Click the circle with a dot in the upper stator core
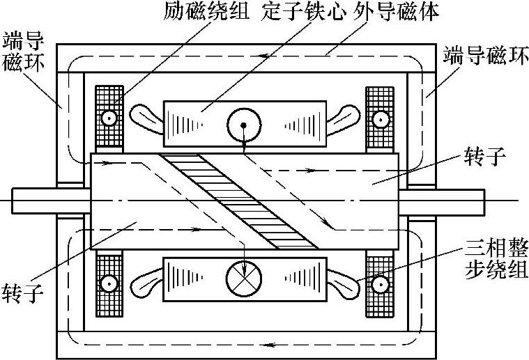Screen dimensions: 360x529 [243, 125]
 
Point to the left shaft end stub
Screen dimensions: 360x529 [49, 201]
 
